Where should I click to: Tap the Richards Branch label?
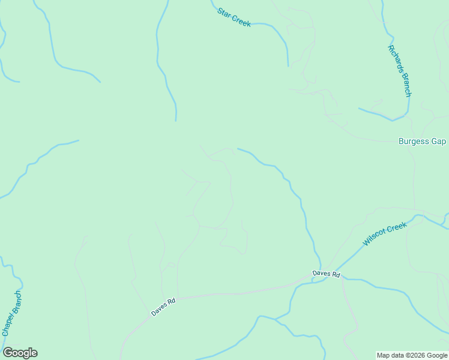click(399, 71)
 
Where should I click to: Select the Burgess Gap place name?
click(422, 142)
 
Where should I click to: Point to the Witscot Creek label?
click(385, 234)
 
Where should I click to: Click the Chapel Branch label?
click(11, 313)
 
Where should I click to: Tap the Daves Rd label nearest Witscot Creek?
click(327, 274)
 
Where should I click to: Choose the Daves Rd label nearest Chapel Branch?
click(163, 308)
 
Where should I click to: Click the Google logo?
click(20, 353)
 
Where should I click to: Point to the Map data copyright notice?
click(412, 355)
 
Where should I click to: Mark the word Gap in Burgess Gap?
click(439, 142)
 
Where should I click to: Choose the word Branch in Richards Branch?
click(405, 84)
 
